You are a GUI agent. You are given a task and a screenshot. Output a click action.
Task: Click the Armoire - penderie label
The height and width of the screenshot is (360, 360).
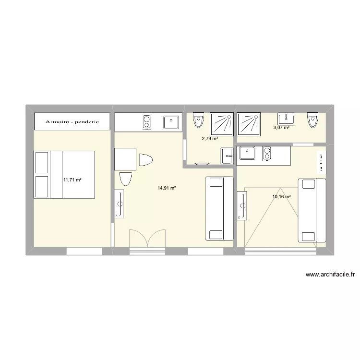pyautogui.click(x=72, y=122)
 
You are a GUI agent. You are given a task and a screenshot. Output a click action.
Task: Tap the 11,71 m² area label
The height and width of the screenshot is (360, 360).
pyautogui.click(x=72, y=180)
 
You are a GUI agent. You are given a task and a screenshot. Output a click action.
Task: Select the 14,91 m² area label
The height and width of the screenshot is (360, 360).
pyautogui.click(x=167, y=188)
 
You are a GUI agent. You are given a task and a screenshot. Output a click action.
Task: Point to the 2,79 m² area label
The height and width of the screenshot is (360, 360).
pyautogui.click(x=210, y=138)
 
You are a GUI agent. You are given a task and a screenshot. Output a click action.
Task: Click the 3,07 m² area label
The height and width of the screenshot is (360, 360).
pyautogui.click(x=281, y=127)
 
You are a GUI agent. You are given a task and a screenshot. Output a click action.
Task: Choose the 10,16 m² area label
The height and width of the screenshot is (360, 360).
pyautogui.click(x=281, y=196)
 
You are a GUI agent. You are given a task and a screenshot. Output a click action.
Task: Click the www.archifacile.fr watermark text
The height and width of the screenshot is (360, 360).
pyautogui.click(x=330, y=275)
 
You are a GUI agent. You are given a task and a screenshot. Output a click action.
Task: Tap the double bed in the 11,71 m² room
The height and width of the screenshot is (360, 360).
pyautogui.click(x=64, y=175)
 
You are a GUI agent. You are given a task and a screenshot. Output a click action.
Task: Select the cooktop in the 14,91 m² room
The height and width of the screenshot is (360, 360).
pyautogui.click(x=147, y=122)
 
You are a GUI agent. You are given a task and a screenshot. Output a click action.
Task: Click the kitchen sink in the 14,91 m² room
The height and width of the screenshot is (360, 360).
pyautogui.click(x=171, y=122)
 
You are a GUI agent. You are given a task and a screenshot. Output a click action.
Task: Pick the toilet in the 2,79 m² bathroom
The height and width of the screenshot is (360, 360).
pyautogui.click(x=199, y=120)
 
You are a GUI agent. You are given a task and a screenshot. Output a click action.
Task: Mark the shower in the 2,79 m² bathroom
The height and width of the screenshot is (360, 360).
pyautogui.click(x=222, y=124)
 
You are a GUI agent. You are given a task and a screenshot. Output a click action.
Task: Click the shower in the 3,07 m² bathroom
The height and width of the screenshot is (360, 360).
pyautogui.click(x=249, y=124)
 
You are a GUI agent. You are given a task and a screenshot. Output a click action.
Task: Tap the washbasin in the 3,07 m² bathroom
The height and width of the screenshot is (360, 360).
pyautogui.click(x=286, y=119)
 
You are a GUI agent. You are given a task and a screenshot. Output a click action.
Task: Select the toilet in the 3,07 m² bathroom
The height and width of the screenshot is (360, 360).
pyautogui.click(x=312, y=120)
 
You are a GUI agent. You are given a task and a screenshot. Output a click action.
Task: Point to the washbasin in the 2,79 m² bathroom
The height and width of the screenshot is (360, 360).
pyautogui.click(x=227, y=156)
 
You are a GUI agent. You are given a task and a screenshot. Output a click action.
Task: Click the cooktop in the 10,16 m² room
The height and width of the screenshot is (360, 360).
pyautogui.click(x=267, y=154)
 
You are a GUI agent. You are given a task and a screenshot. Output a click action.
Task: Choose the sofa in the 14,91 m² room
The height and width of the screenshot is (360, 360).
pyautogui.click(x=219, y=208)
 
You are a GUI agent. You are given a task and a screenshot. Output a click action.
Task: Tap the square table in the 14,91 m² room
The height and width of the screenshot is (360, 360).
pyautogui.click(x=125, y=159)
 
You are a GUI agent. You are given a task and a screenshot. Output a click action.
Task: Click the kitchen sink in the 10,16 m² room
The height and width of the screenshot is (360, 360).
pyautogui.click(x=247, y=153)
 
